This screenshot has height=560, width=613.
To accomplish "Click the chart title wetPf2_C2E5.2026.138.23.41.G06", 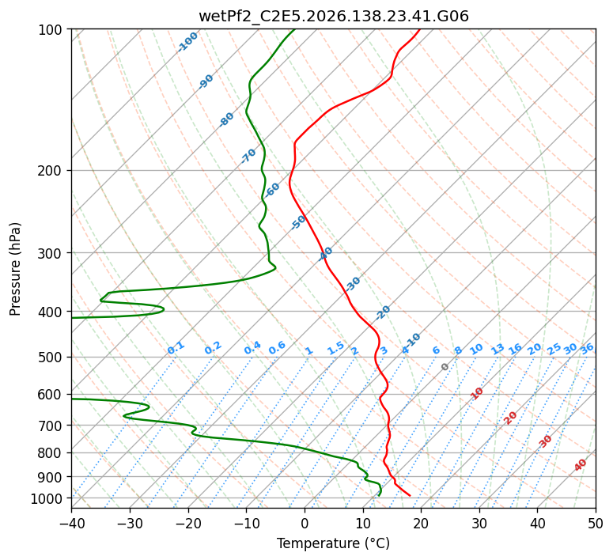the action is [x=334, y=17].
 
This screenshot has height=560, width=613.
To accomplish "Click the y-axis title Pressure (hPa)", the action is [x=15, y=269].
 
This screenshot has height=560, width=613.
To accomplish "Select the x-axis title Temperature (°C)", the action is [x=334, y=543].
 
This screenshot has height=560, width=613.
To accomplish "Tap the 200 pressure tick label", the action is [x=52, y=171].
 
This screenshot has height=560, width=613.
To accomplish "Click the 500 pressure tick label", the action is [x=52, y=358].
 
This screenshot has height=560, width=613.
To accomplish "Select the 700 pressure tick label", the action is [x=52, y=426].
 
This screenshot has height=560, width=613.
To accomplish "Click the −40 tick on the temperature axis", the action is [x=71, y=523].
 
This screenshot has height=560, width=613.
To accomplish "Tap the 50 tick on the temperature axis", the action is [x=596, y=523].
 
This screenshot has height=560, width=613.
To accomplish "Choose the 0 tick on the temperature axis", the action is [x=305, y=523].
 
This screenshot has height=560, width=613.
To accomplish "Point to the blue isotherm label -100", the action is [x=187, y=42].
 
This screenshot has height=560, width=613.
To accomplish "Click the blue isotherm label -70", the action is [x=248, y=156].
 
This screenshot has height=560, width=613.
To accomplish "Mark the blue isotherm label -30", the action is [x=353, y=284].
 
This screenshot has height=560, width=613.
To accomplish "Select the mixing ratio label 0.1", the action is [x=176, y=348].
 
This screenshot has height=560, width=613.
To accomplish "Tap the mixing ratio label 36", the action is [x=587, y=349].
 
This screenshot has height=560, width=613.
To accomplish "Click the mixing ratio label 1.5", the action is [x=336, y=348].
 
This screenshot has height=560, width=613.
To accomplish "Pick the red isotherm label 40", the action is [x=580, y=465].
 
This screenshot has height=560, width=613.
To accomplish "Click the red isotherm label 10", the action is [x=477, y=393].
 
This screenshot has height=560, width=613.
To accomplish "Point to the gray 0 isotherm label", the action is [x=445, y=367].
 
